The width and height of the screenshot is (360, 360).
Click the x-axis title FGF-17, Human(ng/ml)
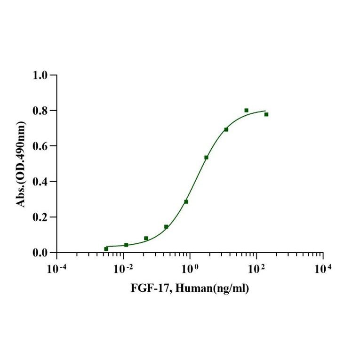(190, 288)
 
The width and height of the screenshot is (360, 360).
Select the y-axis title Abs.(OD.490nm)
(21, 164)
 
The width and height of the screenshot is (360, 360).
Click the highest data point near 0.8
(246, 110)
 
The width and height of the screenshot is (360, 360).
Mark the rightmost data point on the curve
(266, 114)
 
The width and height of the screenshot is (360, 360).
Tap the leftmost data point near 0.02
(106, 248)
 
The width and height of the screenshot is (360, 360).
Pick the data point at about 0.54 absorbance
(206, 157)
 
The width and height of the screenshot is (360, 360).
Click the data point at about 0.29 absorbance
(186, 201)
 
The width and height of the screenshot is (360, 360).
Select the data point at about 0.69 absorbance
(226, 129)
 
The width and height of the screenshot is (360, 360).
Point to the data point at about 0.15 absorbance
(166, 227)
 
